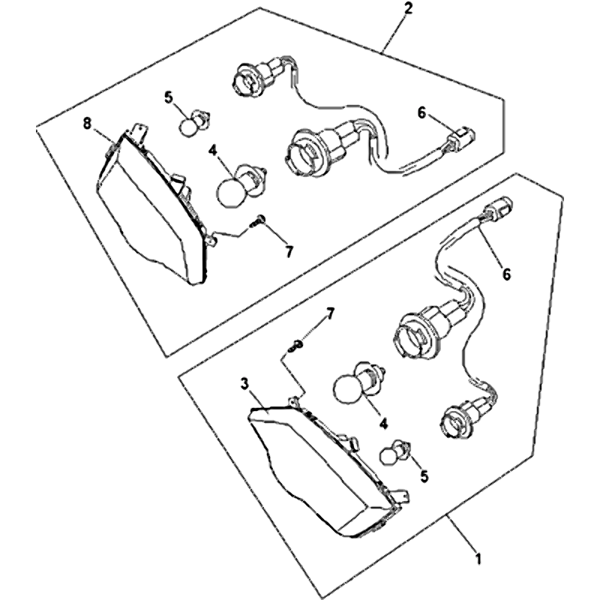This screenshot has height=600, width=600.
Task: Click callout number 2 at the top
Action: pyautogui.click(x=409, y=9)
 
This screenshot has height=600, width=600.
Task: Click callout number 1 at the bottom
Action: pyautogui.click(x=477, y=559)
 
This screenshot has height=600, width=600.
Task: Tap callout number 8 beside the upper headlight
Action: pyautogui.click(x=88, y=124)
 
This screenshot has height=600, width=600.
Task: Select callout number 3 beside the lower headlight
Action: pyautogui.click(x=245, y=383)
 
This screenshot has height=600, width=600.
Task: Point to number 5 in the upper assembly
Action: pyautogui.click(x=169, y=97)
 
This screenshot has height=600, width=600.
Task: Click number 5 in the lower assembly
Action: pyautogui.click(x=424, y=476)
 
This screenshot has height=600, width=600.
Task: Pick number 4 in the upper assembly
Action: pyautogui.click(x=213, y=151)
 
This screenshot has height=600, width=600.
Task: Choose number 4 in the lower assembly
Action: pyautogui.click(x=384, y=423)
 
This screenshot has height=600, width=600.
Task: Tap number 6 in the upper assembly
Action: pyautogui.click(x=421, y=113)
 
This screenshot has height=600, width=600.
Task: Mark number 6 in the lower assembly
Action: pyautogui.click(x=506, y=274)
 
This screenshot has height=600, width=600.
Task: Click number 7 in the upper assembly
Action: pyautogui.click(x=289, y=252)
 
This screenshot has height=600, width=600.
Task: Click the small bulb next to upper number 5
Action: pyautogui.click(x=195, y=122)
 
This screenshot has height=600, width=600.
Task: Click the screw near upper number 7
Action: pyautogui.click(x=256, y=221)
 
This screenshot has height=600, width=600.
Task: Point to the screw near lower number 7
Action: pyautogui.click(x=295, y=346)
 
